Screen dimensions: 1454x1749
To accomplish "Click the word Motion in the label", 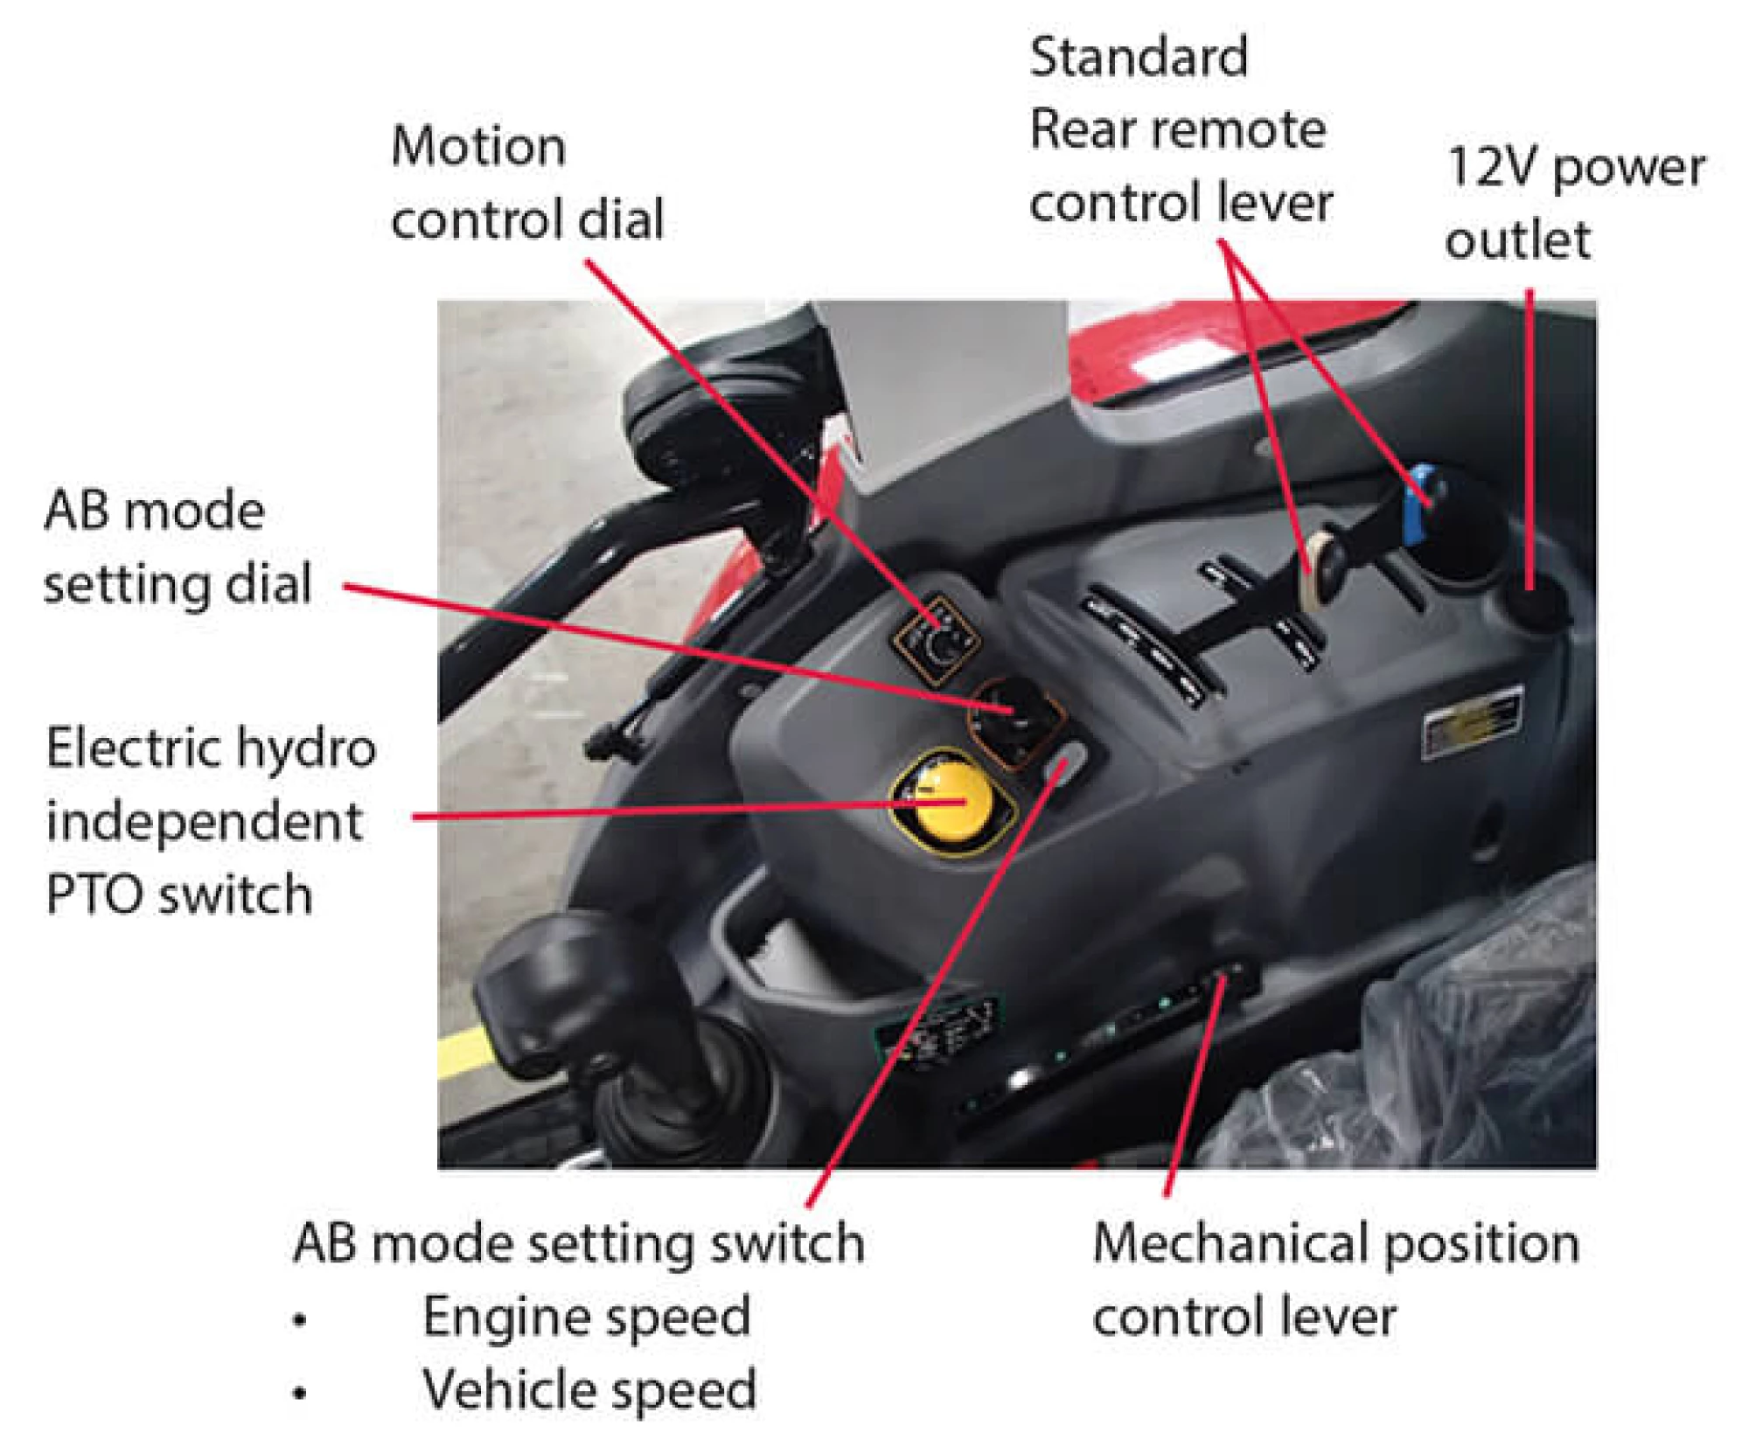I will (x=478, y=146).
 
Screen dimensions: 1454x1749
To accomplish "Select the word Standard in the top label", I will (x=1139, y=58).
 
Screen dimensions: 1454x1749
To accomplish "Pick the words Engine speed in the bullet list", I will (x=587, y=1317).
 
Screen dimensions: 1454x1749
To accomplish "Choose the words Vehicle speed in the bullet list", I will (x=589, y=1389).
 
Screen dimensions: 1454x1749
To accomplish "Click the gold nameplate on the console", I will (x=1472, y=719).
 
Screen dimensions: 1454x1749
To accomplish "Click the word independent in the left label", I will (x=204, y=822).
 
